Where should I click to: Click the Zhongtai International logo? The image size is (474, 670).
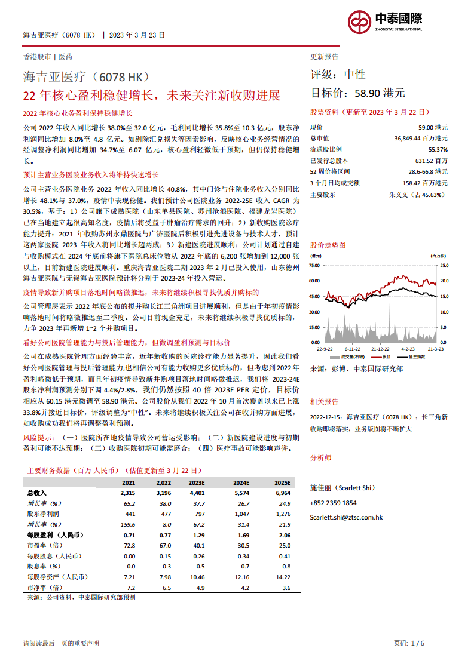pos(385,22)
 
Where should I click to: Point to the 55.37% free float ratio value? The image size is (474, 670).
pos(437,150)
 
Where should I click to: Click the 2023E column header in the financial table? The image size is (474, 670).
pos(197,482)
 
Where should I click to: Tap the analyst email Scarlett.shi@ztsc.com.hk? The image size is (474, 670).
pos(347,517)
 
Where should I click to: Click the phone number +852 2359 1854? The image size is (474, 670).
pos(334,503)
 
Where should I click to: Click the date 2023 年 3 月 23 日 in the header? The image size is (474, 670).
pos(137,35)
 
